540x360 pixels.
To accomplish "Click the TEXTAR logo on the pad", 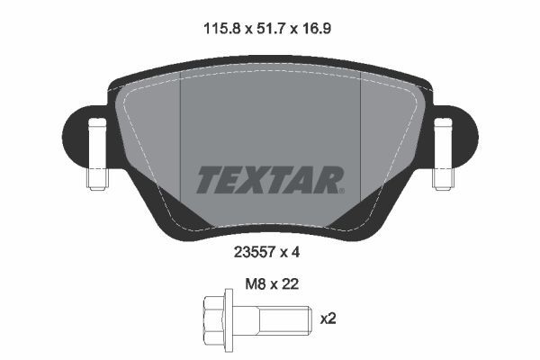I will click(269, 178).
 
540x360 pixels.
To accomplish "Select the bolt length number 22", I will click(290, 284).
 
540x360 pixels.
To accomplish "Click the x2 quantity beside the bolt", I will click(329, 318).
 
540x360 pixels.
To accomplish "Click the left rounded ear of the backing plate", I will click(81, 135).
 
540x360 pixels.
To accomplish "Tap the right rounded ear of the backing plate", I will click(459, 135).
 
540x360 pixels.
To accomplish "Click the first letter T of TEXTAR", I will click(208, 178).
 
